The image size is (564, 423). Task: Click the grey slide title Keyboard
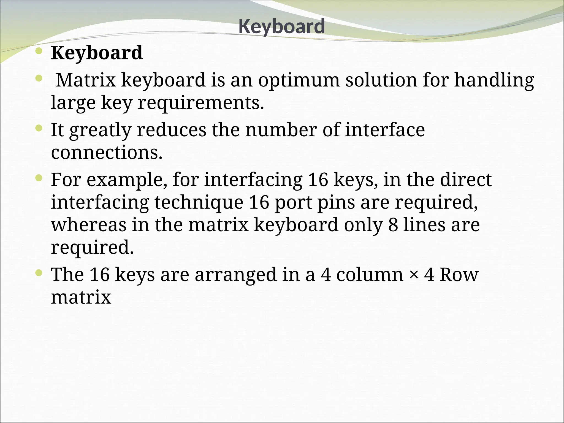tap(281, 26)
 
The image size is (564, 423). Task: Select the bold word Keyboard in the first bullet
tap(97, 53)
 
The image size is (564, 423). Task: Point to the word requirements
tap(201, 103)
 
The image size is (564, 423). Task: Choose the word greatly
tap(100, 130)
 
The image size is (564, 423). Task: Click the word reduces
tap(171, 130)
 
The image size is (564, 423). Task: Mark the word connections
tap(107, 153)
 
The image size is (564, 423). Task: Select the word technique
tap(199, 202)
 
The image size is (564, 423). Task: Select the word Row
tap(459, 275)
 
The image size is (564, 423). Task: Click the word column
tap(370, 275)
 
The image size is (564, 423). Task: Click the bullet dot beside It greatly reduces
tap(39, 128)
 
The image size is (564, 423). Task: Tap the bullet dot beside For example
tap(39, 178)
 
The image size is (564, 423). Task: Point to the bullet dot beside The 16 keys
tap(39, 273)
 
